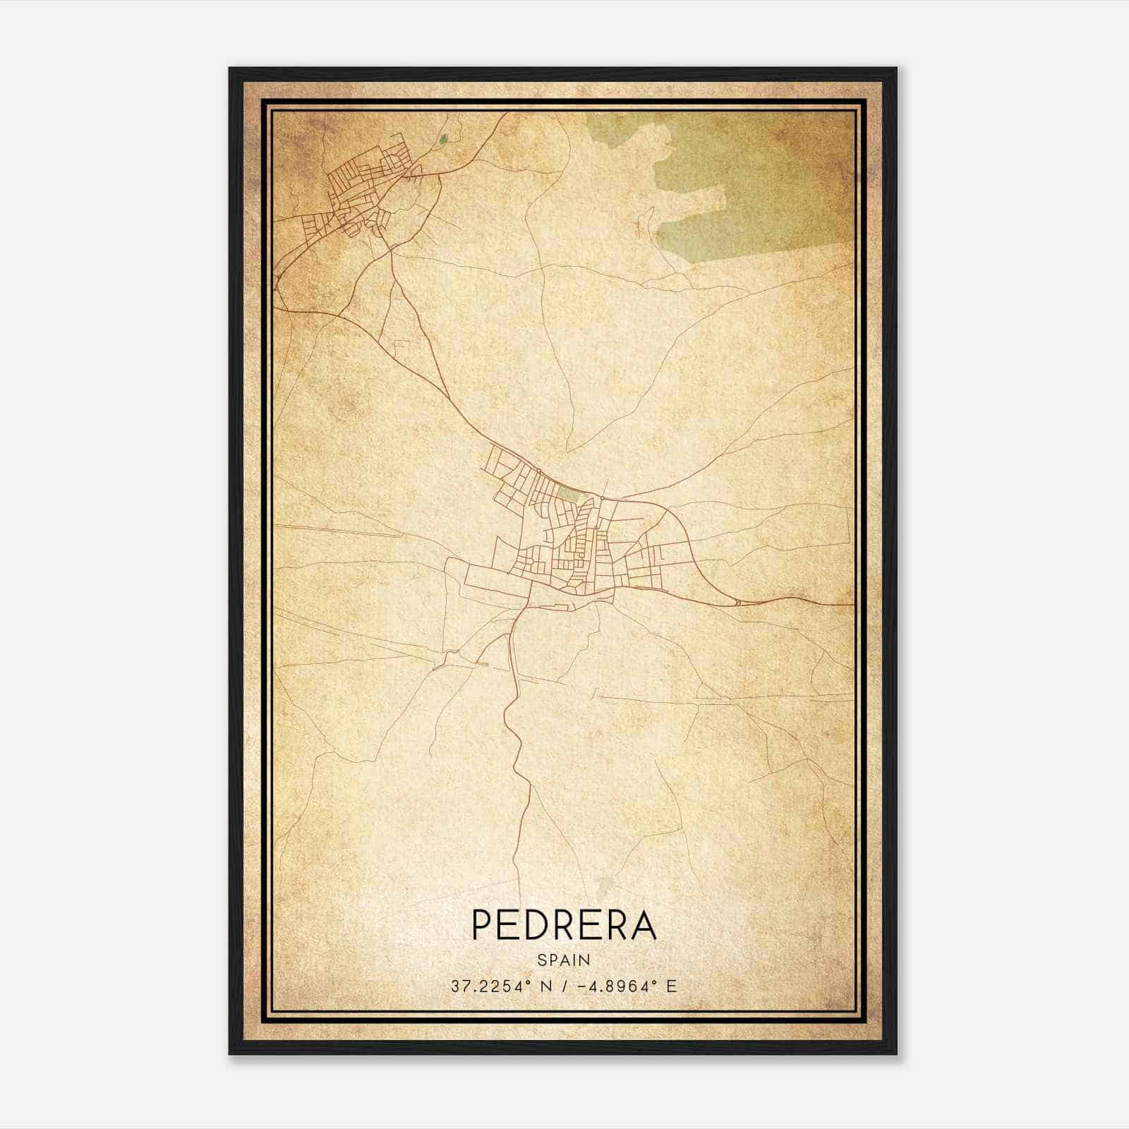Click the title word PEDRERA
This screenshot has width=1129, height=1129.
click(563, 925)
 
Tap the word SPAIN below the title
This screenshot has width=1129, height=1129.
click(563, 960)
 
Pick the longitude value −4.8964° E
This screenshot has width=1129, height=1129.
click(627, 986)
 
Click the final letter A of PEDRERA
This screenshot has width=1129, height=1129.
click(644, 925)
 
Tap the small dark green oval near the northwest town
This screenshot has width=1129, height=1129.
click(442, 140)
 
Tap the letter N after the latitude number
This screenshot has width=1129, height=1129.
click(545, 986)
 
